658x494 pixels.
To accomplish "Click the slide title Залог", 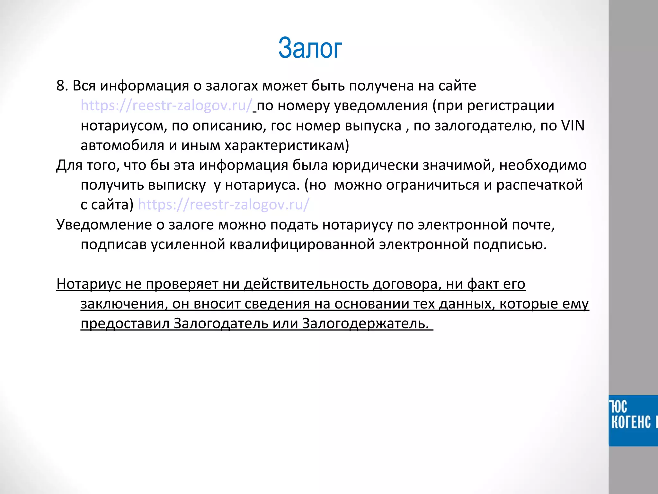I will pos(310,48).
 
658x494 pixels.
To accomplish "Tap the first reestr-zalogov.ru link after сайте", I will pos(166,105).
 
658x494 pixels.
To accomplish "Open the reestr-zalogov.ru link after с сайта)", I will pos(224,205).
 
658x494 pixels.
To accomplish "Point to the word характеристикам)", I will pos(287,145).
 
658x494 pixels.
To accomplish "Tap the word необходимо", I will pos(543,165).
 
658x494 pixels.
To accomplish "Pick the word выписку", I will pos(177,185).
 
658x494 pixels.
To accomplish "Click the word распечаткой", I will pos(539,185).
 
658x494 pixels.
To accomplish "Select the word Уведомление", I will pos(104,224).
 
